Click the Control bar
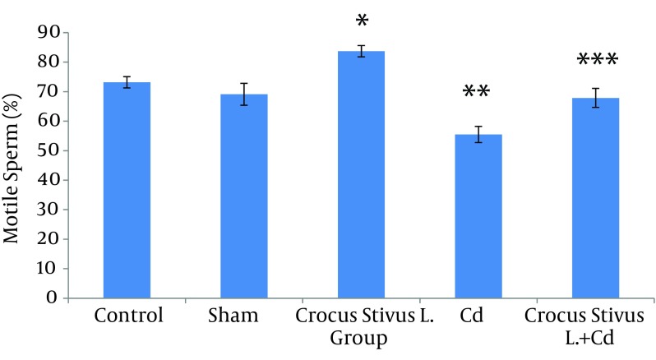coord(127,190)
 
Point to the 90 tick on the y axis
coord(52,32)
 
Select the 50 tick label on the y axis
coord(52,150)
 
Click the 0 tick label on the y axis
coord(57,298)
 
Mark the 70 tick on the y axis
coord(52,91)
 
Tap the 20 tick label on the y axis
coord(52,239)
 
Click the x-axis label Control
coord(128,316)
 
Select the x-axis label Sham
coord(244,316)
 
